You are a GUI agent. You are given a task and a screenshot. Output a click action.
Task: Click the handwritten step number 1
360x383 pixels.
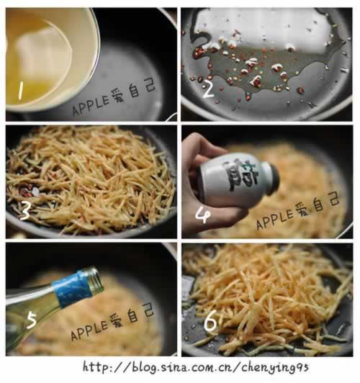[21, 91]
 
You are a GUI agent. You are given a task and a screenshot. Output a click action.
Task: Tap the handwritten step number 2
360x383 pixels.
[208, 89]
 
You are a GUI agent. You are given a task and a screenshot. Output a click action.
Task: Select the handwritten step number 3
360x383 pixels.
[24, 210]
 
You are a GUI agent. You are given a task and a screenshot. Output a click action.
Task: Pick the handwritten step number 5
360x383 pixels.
[31, 320]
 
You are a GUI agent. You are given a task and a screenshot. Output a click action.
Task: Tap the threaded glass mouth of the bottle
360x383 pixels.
[94, 279]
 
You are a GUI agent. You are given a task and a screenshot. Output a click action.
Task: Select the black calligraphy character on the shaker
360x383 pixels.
[240, 176]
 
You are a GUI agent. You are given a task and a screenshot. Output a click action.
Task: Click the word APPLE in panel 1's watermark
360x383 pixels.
[91, 105]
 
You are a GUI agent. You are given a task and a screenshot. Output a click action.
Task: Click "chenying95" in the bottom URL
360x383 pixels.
[275, 368]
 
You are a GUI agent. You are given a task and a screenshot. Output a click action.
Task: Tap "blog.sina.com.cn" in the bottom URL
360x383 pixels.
[185, 367]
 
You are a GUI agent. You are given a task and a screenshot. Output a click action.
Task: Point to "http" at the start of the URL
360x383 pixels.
[97, 367]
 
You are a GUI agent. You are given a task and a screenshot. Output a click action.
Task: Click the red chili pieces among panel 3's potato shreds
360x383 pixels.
[27, 191]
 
